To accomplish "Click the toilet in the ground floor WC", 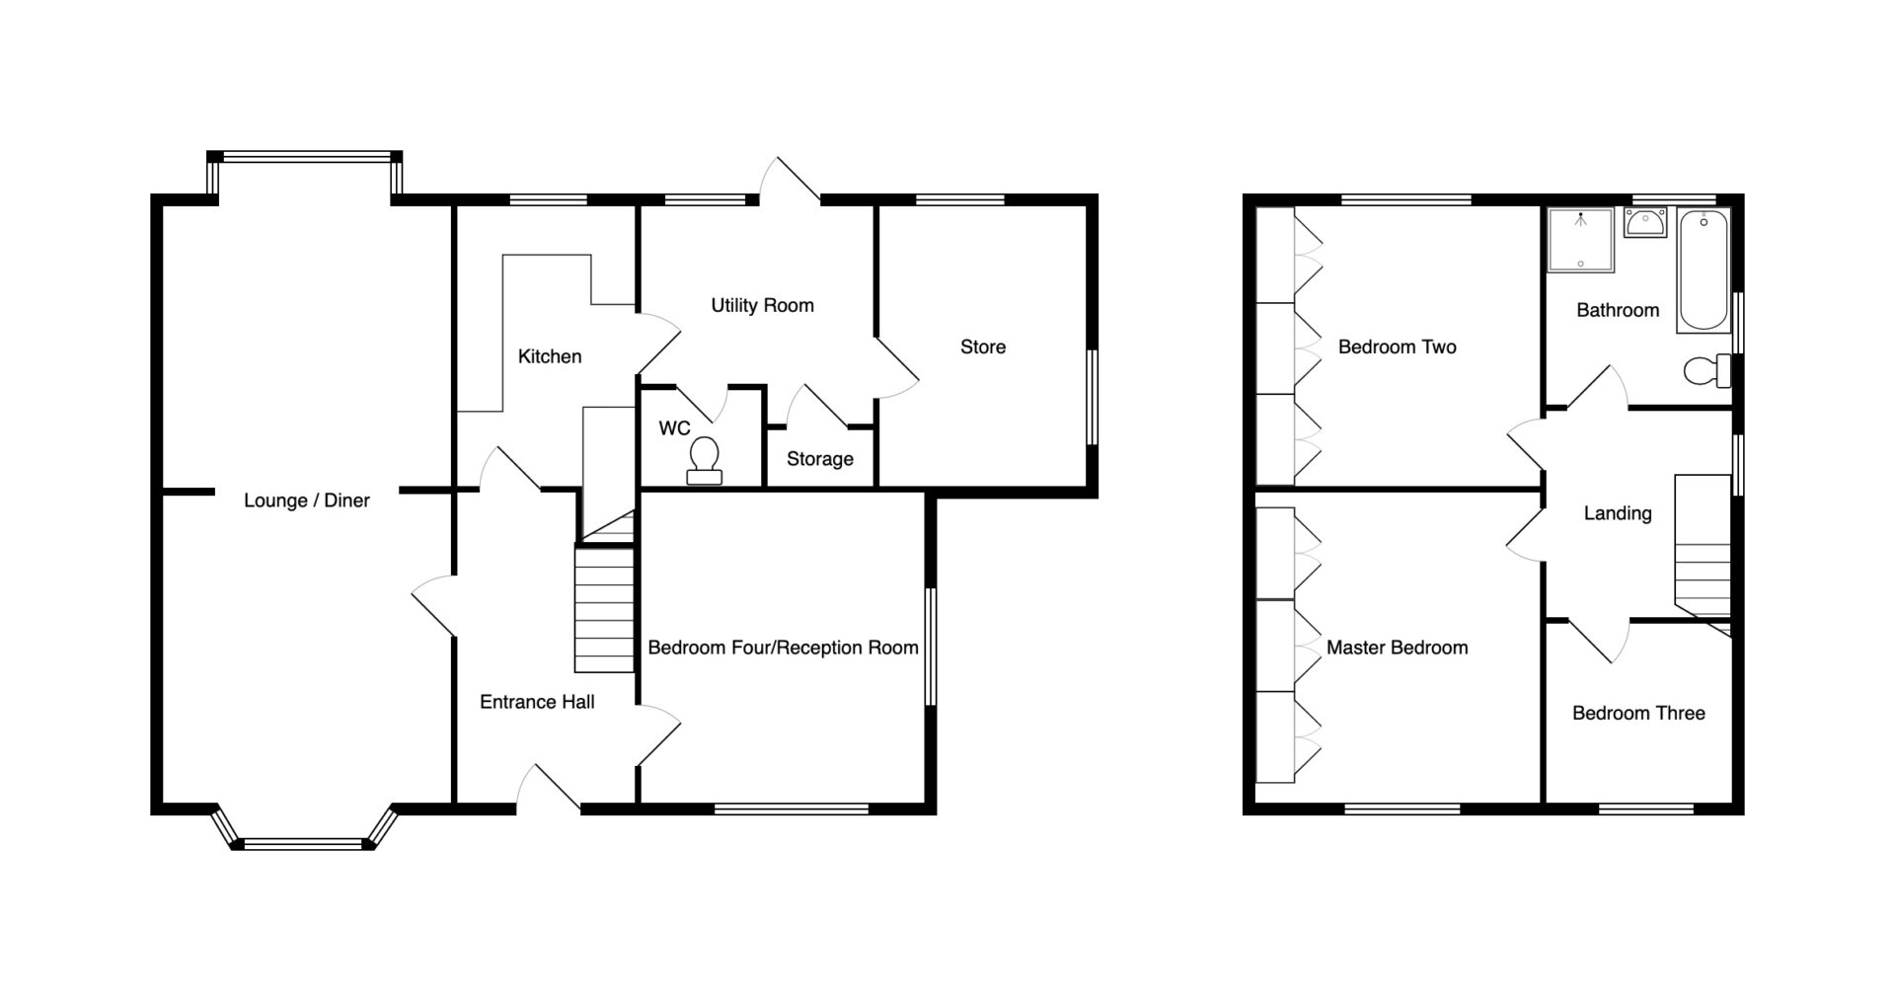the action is (705, 461).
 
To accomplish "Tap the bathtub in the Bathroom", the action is (1704, 269).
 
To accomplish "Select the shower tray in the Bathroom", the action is (1581, 239).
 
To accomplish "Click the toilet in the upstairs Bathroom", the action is (1706, 371).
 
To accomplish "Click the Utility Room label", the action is (762, 305).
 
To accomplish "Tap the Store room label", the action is (983, 346).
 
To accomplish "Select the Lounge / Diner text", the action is (307, 500).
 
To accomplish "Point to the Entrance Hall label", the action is (537, 702).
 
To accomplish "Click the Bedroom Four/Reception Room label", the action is (783, 648).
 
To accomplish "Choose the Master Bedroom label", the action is (1397, 648).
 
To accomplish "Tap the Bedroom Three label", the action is (1638, 713).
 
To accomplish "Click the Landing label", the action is (1617, 513).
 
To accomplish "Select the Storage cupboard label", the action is (819, 459).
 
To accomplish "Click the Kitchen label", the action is (550, 356).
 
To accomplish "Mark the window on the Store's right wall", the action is (1093, 397).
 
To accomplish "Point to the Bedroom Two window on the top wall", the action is (1405, 199).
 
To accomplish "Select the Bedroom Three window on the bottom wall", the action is (1646, 809).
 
